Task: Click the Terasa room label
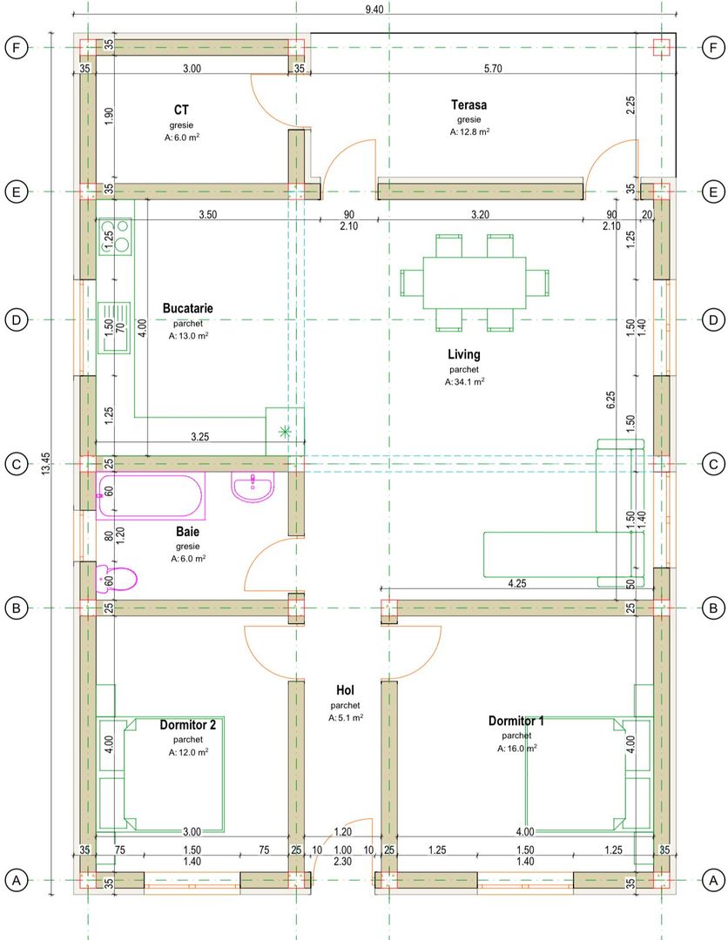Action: pos(469,105)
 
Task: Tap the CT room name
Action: pos(181,111)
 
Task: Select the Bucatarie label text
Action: pos(188,308)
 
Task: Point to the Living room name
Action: pos(464,354)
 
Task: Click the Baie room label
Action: pos(188,532)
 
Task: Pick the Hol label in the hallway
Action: pos(346,690)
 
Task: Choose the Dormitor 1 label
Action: pos(516,722)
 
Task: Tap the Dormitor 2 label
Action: pos(188,725)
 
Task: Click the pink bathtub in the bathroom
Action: pos(151,495)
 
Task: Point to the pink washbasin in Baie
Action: pos(253,487)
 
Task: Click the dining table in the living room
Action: pos(475,282)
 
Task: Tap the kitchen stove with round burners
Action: pos(115,236)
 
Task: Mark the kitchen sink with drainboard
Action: pos(115,327)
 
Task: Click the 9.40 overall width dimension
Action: pos(374,9)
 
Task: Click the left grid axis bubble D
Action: pos(17,319)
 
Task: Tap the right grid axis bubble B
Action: pos(713,608)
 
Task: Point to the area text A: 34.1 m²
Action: pos(465,382)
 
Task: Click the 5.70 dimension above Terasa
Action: pos(493,69)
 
